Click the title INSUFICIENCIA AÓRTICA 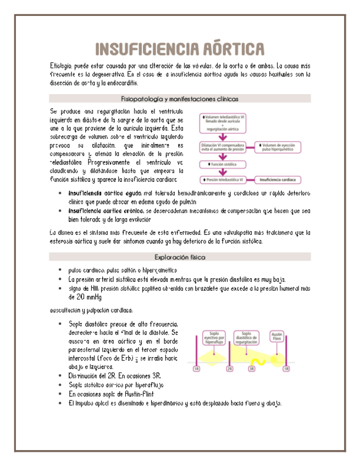[x=180, y=49]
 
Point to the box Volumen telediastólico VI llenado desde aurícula [x=224, y=124]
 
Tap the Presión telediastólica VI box [x=224, y=179]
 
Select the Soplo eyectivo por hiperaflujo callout [x=213, y=337]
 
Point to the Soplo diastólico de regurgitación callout [x=246, y=337]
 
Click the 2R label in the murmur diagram [x=230, y=369]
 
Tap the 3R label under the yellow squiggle [x=252, y=369]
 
